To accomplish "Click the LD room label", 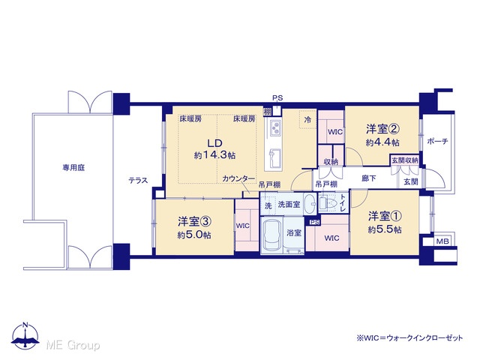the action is pos(214,143).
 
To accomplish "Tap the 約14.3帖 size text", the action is pos(214,155).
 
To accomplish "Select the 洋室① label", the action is pos(385,216).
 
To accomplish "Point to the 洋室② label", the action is pos(382,129).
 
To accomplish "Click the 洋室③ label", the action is pos(194,221).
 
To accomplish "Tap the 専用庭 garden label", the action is pos(73,168).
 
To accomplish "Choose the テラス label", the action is pos(138,181).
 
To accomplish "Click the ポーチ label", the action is pos(437,141).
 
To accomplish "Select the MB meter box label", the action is pos(442,241).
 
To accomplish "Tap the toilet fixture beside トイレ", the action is pos(326,202).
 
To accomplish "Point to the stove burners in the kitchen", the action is pos(275,128).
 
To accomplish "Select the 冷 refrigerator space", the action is pos(307,119).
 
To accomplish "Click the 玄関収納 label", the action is pos(405,160).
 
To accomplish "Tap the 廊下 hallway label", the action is pos(369,178).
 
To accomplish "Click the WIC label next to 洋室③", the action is pos(243,226).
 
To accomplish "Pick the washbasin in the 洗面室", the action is pos(311,203).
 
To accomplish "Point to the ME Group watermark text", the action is pos(73,345).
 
